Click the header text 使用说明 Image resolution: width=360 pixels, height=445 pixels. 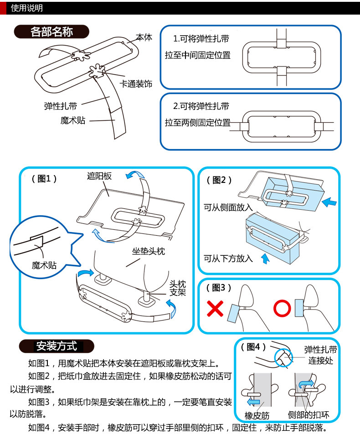pos(26,8)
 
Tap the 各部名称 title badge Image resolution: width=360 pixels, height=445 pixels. pos(51,32)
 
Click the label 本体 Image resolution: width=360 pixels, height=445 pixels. pos(144,37)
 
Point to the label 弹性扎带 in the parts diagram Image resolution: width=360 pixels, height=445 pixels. pos(61,106)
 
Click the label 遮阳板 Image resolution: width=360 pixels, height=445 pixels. pos(99,176)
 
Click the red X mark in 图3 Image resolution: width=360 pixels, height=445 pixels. pos(216,308)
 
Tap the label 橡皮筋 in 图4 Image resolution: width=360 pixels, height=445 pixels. pos(257,415)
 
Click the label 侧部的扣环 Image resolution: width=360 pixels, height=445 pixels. pos(309,415)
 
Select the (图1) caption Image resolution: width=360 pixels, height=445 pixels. pos(45,179)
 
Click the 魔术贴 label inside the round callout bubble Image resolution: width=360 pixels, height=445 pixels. pos(44,265)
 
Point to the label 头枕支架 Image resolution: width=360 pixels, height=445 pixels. pos(178,288)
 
